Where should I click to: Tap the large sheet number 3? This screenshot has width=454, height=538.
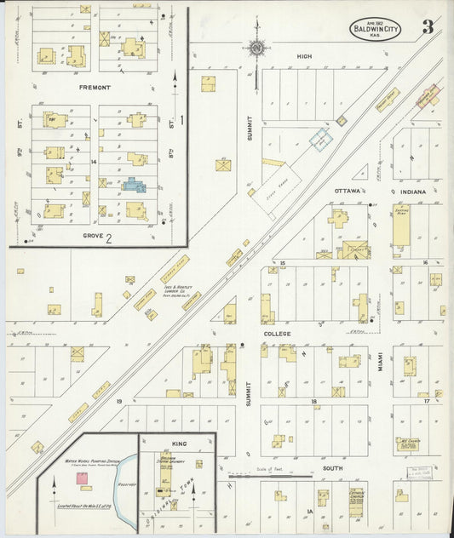click(x=428, y=27)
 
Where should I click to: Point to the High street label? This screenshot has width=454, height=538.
click(x=304, y=57)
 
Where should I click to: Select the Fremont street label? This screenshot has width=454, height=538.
click(x=94, y=88)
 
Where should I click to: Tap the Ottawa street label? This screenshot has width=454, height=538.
click(x=348, y=191)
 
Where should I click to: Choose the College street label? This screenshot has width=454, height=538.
click(x=277, y=335)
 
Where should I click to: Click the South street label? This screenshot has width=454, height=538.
click(x=331, y=467)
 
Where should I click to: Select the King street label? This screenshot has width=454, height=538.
click(x=178, y=444)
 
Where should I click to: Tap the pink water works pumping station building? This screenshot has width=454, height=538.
click(x=82, y=479)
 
